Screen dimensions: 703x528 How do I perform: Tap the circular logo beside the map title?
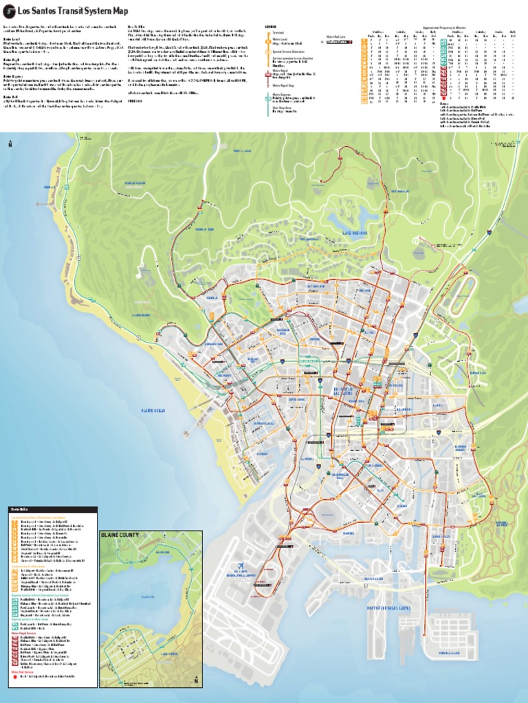tap(9, 11)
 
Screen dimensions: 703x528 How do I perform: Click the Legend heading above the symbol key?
tap(270, 27)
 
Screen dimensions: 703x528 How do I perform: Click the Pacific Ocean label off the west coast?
tap(153, 411)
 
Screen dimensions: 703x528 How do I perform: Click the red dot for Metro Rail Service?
tap(14, 676)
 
